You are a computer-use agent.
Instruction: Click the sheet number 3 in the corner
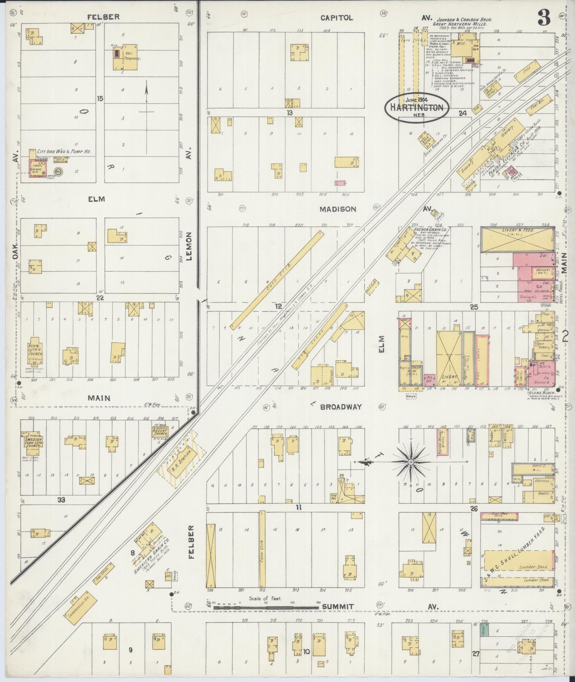tap(544, 17)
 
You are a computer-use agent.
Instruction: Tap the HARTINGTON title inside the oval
tap(416, 107)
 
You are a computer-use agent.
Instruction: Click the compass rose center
tap(411, 462)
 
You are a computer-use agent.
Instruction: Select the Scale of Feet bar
tap(266, 606)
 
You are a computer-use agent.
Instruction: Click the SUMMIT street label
tap(338, 606)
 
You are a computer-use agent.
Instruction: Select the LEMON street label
tap(189, 246)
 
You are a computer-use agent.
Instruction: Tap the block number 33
tap(62, 500)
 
